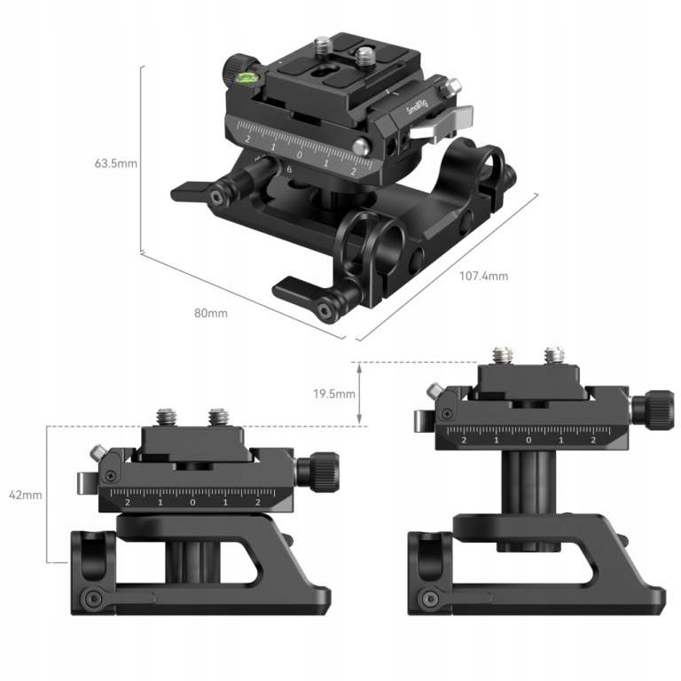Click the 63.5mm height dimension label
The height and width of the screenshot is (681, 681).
click(x=115, y=163)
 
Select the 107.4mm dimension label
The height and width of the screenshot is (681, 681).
click(x=483, y=276)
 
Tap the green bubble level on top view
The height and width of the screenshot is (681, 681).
click(x=246, y=78)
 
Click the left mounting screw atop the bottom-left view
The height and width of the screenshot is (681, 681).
click(x=167, y=415)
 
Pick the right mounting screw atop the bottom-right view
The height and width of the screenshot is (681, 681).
click(x=554, y=354)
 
